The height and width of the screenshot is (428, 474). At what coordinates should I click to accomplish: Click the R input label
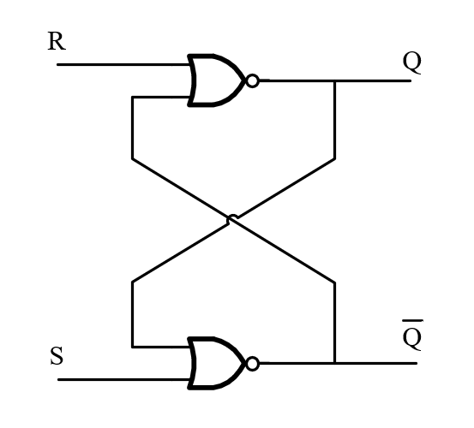click(57, 41)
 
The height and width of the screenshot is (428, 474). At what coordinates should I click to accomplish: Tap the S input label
click(57, 356)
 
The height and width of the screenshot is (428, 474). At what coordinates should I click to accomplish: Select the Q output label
click(412, 62)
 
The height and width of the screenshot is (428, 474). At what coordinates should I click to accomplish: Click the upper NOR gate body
click(216, 80)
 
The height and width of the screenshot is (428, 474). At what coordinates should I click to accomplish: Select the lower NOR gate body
click(216, 363)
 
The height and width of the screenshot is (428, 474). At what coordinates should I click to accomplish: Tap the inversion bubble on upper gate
click(252, 80)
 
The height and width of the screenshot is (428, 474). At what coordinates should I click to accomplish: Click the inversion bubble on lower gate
click(252, 364)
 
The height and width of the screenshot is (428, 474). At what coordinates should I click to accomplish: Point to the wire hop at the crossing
click(232, 218)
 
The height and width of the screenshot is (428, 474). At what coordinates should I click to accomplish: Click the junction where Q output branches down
click(334, 80)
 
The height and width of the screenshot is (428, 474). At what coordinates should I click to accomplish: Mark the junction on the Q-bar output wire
click(334, 363)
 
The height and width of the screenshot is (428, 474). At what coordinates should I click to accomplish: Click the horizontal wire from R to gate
click(124, 64)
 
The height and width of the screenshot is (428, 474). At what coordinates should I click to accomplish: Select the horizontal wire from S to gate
click(124, 379)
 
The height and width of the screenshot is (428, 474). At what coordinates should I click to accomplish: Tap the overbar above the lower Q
click(412, 320)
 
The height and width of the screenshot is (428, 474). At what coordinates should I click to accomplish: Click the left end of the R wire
click(57, 64)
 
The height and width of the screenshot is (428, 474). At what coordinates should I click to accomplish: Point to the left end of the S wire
click(58, 379)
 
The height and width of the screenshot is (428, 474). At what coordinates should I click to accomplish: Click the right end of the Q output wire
click(411, 80)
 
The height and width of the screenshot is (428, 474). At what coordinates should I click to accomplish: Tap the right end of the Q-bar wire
click(417, 363)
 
